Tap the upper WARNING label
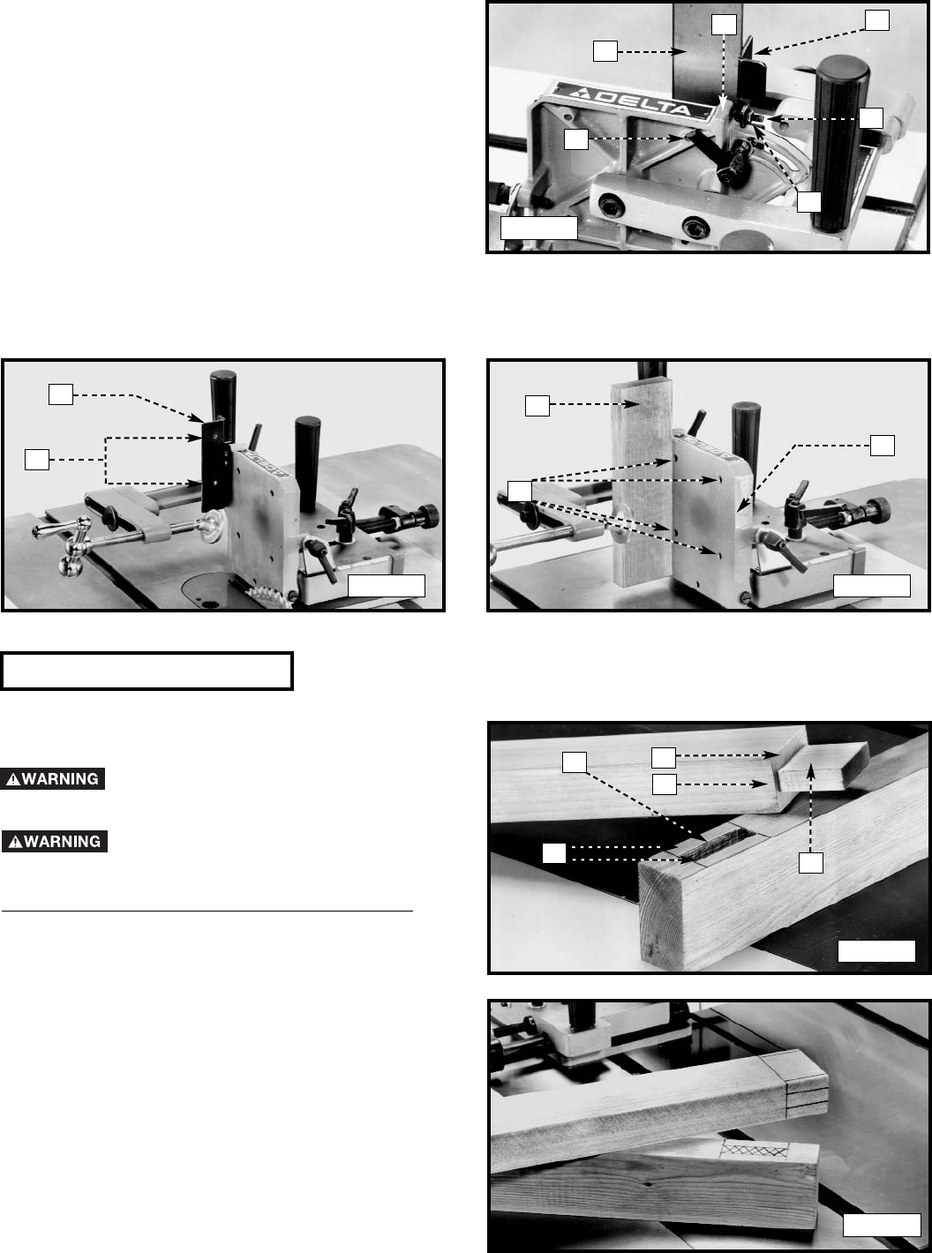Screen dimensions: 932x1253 pos(53,779)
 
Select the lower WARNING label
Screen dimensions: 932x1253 pos(54,841)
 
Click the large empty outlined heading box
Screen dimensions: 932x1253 pos(147,672)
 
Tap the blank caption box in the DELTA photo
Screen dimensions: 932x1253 pos(538,229)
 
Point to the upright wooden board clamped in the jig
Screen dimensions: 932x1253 pos(642,483)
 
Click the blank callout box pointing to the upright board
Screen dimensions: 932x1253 pos(537,406)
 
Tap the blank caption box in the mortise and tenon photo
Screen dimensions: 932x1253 pos(876,950)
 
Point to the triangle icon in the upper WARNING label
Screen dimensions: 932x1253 pos(13,779)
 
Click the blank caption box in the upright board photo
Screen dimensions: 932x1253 pos(871,586)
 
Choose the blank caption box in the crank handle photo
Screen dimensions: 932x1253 pos(386,586)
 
